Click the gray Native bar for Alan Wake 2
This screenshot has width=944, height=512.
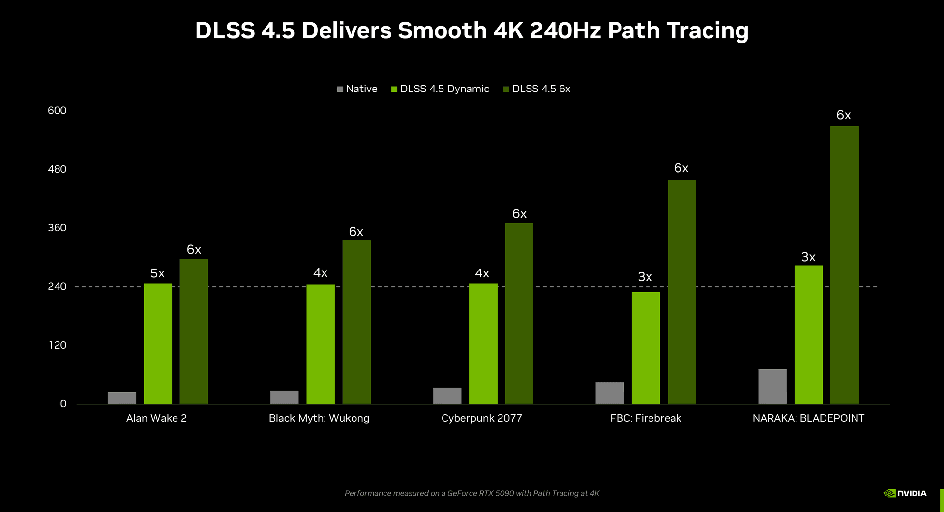[122, 398]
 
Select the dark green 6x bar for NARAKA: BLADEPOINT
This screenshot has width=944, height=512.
[844, 266]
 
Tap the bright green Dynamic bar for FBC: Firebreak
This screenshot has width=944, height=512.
[646, 348]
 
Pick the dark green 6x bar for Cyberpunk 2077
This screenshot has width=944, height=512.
[519, 313]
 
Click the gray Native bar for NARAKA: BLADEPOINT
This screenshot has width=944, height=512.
[772, 387]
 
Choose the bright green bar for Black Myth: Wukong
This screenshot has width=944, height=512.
[321, 344]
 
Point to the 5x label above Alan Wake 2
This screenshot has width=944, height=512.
[157, 273]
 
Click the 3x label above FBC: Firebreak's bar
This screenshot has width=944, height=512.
[645, 277]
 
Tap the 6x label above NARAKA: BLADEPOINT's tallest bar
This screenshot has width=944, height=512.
[843, 115]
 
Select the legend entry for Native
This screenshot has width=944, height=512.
[357, 89]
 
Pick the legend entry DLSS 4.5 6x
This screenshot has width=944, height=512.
[537, 89]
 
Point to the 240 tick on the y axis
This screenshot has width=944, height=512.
[57, 287]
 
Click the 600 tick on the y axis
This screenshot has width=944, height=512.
[57, 111]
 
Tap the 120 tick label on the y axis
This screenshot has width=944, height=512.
[58, 345]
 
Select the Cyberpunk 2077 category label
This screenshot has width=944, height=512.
[481, 418]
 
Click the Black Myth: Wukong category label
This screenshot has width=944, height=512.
[319, 418]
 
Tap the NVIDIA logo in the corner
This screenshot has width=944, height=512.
[905, 493]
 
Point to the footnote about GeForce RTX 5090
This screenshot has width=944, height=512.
[472, 493]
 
